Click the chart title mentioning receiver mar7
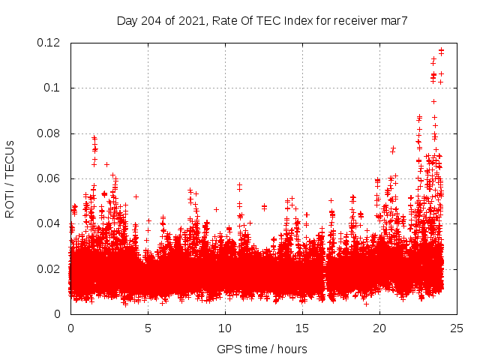(262, 20)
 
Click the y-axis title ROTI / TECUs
(10, 178)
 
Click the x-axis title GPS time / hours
(262, 349)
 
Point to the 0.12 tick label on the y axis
(50, 43)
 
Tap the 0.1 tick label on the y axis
(53, 88)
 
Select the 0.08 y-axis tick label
(50, 133)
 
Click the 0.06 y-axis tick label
(50, 178)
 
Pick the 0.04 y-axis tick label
(50, 223)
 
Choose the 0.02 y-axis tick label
(50, 268)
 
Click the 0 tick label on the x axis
(70, 328)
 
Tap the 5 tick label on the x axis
(148, 328)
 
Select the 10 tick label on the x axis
(225, 328)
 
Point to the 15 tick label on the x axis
(302, 328)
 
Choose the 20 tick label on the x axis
(379, 328)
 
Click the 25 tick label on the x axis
(457, 328)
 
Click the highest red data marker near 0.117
(441, 50)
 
